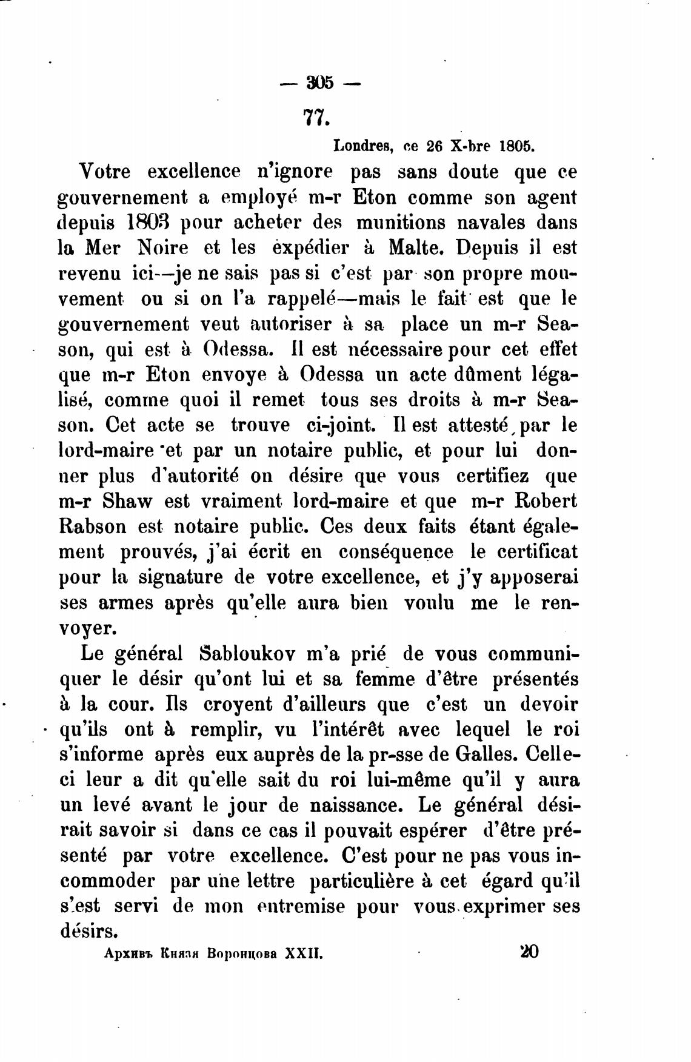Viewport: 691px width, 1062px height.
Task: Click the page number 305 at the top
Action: (x=320, y=82)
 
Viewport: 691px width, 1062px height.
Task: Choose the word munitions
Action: (x=401, y=223)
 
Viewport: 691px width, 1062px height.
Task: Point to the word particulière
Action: (x=361, y=881)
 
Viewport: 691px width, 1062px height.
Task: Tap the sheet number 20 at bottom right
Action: (x=529, y=951)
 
